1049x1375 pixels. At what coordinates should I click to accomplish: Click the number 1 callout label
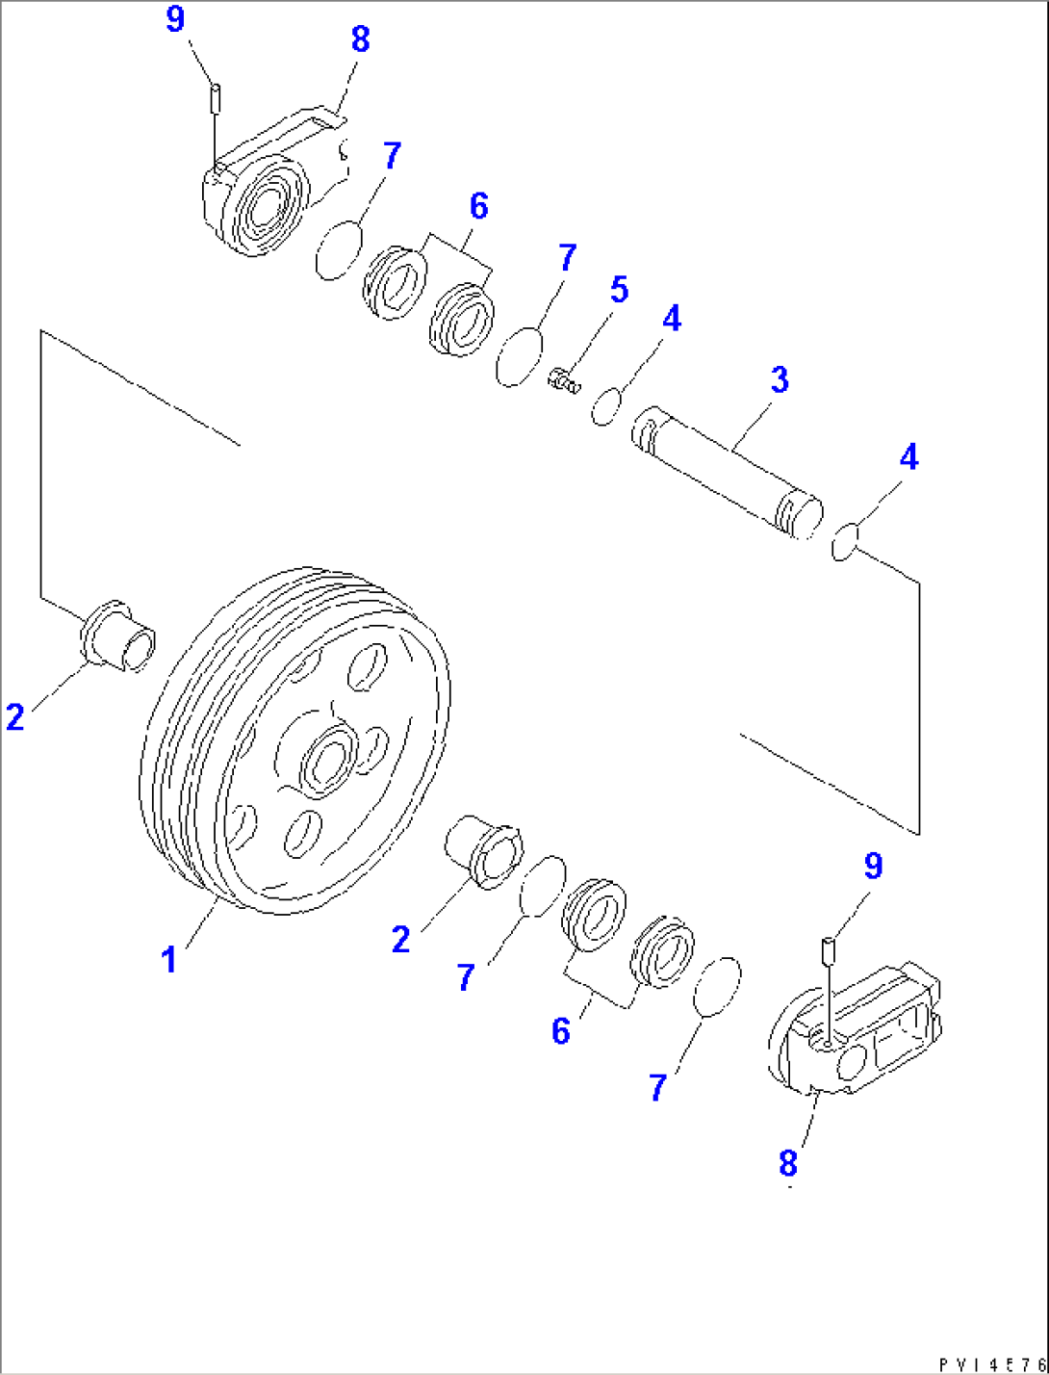169,959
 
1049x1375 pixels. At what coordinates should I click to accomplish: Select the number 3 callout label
779,379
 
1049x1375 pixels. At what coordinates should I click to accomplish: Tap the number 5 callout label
619,290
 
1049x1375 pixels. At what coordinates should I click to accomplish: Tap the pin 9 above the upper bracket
217,97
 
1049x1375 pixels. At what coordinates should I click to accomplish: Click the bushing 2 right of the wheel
486,848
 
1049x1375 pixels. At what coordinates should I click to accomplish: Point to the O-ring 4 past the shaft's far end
844,542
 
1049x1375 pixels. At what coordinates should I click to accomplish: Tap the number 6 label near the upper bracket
478,206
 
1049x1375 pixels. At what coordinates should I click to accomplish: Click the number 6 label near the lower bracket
561,1031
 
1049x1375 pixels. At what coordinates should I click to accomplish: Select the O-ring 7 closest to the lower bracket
717,986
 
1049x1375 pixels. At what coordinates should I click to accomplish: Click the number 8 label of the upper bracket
360,39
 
